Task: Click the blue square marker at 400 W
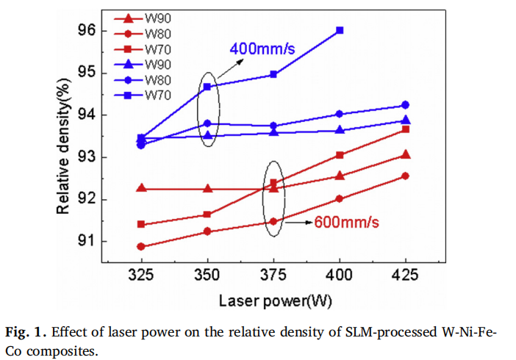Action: point(340,30)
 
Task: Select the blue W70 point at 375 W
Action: point(273,74)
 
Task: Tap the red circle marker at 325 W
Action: point(141,247)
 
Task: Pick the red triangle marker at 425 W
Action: point(406,154)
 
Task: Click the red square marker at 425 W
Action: point(406,129)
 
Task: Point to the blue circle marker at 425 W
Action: point(406,105)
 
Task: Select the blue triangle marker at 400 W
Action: point(340,130)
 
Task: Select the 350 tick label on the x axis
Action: point(207,276)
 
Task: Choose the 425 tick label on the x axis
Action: point(406,276)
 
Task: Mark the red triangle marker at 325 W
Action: point(141,189)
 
